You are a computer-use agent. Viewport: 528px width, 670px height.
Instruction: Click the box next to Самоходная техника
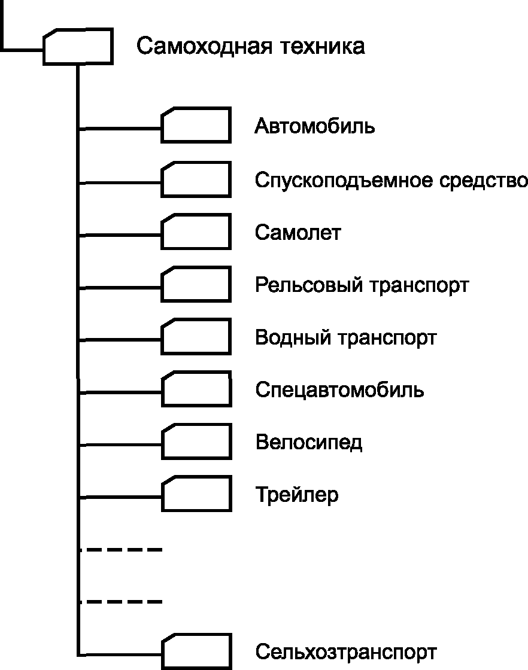pos(78,46)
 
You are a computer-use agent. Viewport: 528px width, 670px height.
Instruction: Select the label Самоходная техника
pos(250,46)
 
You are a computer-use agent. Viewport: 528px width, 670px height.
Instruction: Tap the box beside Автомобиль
pos(196,125)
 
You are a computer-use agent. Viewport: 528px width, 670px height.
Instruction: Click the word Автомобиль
pos(315,127)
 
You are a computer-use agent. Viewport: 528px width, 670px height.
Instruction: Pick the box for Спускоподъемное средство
pos(196,179)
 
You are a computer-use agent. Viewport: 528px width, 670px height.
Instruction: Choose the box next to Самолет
pos(196,232)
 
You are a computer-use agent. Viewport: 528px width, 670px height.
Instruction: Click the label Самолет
pos(298,232)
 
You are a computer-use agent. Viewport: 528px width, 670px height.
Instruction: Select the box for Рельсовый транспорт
pos(196,284)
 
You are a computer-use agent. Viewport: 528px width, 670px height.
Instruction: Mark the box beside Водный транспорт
pos(196,337)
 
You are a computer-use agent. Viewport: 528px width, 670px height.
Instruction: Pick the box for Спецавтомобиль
pos(196,389)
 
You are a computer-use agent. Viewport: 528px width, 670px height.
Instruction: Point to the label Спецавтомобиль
pos(339,391)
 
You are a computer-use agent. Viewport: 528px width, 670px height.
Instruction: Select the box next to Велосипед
pos(196,442)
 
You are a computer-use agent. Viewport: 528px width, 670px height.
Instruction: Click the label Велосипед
pos(308,443)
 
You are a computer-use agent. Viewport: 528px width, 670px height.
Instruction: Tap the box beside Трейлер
pos(196,494)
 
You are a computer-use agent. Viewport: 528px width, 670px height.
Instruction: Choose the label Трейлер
pos(296,496)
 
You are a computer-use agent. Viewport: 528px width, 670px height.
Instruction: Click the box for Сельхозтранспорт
pos(196,651)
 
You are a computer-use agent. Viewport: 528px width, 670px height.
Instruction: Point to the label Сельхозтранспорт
pos(345,651)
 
